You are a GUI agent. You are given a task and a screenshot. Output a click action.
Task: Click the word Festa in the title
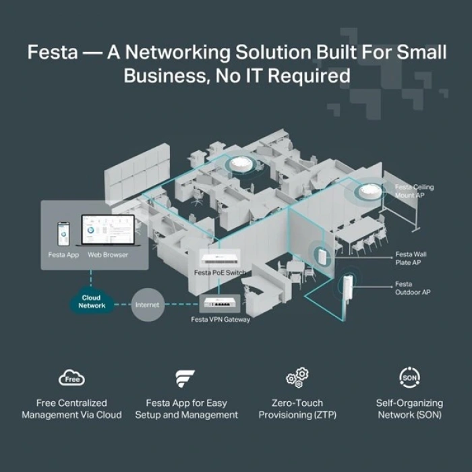pyautogui.click(x=52, y=52)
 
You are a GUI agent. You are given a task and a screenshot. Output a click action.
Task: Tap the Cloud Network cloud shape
pyautogui.click(x=92, y=301)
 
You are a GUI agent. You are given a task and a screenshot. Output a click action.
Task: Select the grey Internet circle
pyautogui.click(x=147, y=305)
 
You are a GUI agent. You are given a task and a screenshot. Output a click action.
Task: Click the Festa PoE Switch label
pyautogui.click(x=220, y=272)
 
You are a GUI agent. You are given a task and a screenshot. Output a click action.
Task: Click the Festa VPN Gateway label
pyautogui.click(x=220, y=319)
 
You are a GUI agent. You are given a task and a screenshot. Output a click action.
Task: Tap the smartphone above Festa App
pyautogui.click(x=63, y=234)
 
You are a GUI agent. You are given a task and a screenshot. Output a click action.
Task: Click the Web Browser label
pyautogui.click(x=108, y=256)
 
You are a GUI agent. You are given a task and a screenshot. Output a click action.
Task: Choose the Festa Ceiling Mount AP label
pyautogui.click(x=414, y=191)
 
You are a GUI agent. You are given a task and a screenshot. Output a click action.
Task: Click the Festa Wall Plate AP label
pyautogui.click(x=409, y=258)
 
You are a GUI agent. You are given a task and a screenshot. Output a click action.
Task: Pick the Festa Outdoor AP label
pyautogui.click(x=412, y=288)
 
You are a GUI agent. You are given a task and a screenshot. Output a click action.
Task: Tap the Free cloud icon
pyautogui.click(x=71, y=378)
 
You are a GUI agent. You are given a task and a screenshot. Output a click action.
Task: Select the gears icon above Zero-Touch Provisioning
pyautogui.click(x=297, y=378)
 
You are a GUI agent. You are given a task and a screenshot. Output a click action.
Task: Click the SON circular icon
pyautogui.click(x=409, y=378)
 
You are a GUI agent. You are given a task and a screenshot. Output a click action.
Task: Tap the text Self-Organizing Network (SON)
pyautogui.click(x=409, y=409)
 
